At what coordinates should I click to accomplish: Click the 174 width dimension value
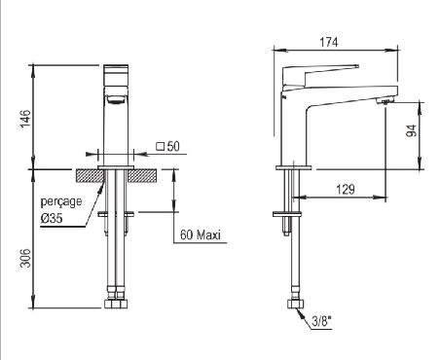tap(329, 42)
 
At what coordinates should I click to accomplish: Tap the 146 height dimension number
tap(25, 119)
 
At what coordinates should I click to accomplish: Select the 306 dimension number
tap(25, 258)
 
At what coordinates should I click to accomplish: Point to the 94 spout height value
tap(412, 130)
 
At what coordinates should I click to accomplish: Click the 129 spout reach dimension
tap(346, 190)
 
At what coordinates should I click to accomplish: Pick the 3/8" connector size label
tap(322, 322)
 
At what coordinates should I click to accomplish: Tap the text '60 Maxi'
tap(201, 234)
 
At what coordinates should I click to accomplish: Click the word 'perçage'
tap(61, 202)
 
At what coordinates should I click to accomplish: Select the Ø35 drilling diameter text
tap(52, 218)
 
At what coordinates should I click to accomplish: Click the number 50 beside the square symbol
tap(173, 146)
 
